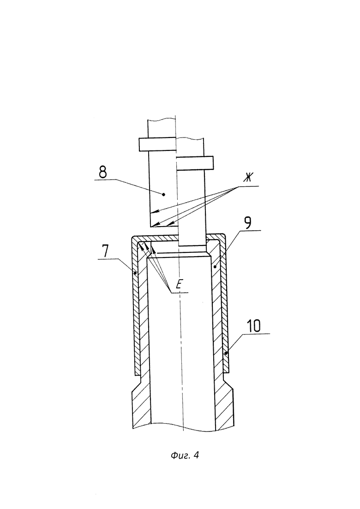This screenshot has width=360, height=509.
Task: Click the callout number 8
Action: [102, 172]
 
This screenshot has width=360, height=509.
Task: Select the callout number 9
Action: [248, 223]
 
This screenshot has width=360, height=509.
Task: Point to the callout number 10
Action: [253, 326]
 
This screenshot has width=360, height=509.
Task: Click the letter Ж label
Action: [248, 178]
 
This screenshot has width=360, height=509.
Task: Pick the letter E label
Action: [178, 285]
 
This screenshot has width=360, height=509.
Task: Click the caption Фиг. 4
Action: [185, 455]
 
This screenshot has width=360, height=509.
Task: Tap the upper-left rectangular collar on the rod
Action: [158, 144]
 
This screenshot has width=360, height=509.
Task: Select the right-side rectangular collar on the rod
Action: [195, 163]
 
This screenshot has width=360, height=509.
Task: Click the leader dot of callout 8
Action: [163, 194]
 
